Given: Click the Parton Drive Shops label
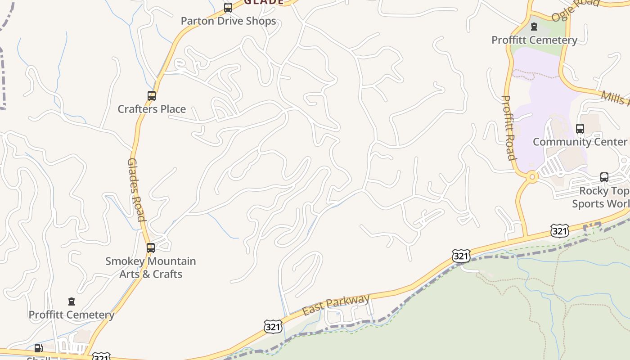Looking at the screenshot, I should (228, 21).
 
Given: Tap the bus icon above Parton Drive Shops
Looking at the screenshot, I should (228, 8).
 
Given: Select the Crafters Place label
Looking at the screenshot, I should (152, 109).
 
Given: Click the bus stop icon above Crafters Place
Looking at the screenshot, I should (152, 96).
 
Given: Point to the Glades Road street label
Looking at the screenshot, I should (136, 189).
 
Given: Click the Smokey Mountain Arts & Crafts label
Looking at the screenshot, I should (151, 267).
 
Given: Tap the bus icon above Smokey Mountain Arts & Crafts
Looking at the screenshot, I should (151, 248).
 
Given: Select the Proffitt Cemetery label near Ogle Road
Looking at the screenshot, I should (534, 40).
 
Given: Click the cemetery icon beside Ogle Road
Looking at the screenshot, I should (534, 27).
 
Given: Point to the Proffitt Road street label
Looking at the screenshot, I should (508, 128).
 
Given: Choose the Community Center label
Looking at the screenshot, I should (580, 142).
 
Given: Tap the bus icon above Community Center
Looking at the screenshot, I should (580, 129).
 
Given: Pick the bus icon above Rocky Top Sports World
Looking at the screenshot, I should (604, 177).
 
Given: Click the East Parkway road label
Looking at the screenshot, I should (336, 305).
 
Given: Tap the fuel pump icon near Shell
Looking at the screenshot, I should (38, 348).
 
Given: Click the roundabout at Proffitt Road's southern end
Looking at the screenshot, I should (532, 177).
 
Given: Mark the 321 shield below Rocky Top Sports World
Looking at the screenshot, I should (559, 231).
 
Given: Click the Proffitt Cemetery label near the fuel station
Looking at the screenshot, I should (71, 315).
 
